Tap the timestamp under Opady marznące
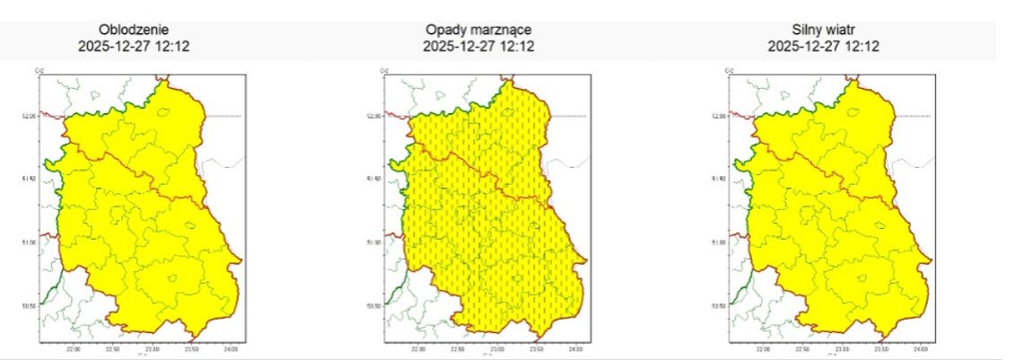478,46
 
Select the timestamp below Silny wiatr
823,46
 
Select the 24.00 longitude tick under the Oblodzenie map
231,348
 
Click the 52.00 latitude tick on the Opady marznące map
375,116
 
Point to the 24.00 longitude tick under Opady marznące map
575,348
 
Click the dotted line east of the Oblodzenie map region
224,116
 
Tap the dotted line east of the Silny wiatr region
914,116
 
